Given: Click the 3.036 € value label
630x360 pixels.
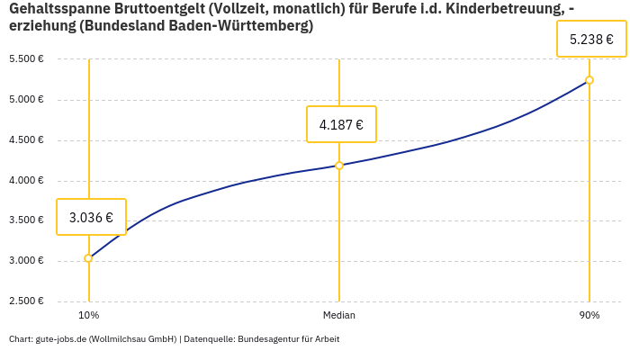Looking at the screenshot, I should click(91, 217).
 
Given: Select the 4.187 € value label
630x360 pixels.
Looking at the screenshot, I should click(341, 124).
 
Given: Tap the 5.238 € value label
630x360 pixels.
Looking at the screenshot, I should click(591, 40).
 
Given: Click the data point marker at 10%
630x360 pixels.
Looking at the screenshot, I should click(88, 258).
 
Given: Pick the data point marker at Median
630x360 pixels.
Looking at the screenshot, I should click(339, 166).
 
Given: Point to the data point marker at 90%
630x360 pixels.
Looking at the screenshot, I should click(589, 80).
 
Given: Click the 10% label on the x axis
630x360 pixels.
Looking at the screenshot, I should click(88, 315).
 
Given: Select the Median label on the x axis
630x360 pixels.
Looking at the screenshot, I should click(339, 315).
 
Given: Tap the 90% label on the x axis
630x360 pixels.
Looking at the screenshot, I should click(589, 315).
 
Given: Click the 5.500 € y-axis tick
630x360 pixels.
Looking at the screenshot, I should click(26, 58).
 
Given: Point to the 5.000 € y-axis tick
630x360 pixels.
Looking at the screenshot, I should click(26, 99).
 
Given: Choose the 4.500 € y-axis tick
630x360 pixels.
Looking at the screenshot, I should click(26, 139).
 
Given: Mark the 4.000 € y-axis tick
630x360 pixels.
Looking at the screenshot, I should click(26, 180).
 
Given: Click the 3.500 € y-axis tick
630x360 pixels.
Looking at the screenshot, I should click(26, 220).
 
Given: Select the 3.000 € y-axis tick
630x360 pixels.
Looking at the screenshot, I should click(26, 261).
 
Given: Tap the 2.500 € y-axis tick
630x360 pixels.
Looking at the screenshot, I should click(26, 301).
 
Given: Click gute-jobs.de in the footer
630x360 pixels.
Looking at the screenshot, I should click(60, 339).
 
